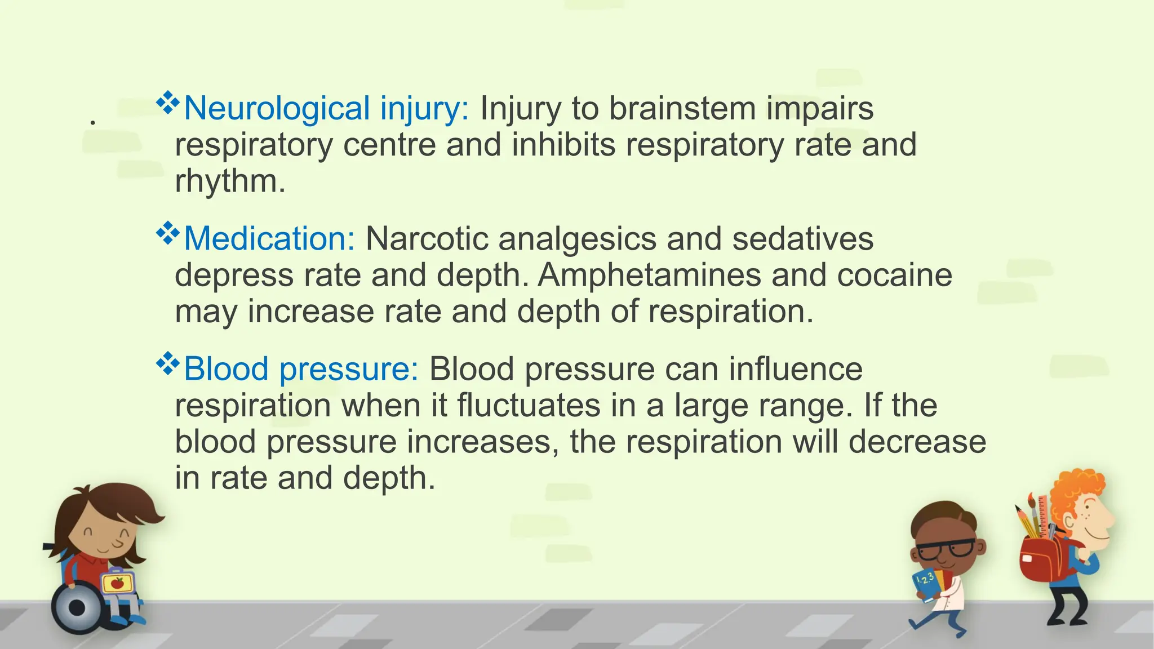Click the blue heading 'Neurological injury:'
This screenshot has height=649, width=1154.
(326, 108)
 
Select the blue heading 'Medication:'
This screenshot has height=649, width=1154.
(269, 239)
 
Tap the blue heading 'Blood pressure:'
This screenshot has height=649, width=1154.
(301, 370)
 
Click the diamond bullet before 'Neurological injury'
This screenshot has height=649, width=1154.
(167, 103)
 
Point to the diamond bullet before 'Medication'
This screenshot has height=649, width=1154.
(167, 233)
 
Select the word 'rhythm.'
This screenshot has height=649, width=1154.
(230, 181)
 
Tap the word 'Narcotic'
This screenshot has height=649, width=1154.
(427, 239)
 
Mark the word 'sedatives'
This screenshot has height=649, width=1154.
(802, 239)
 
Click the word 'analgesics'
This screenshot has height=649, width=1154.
(578, 239)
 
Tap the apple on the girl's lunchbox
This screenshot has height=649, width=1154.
(117, 583)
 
